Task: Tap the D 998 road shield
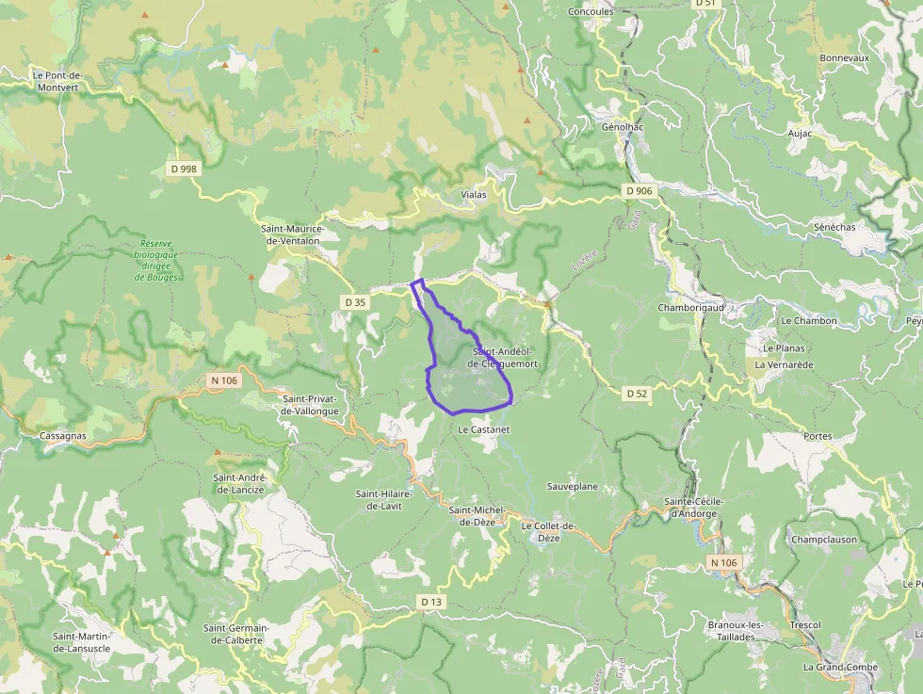[185, 169]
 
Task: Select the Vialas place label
[475, 195]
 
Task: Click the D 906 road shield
[639, 191]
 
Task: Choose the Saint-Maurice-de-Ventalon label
[292, 234]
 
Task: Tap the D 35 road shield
[354, 302]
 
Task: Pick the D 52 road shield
[637, 394]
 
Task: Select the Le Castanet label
[483, 428]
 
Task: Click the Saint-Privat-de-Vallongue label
[310, 405]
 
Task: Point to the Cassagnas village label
[63, 436]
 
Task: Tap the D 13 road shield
[430, 602]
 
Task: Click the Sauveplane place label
[573, 486]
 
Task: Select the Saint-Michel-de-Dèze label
[478, 516]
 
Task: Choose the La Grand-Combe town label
[840, 667]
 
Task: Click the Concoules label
[591, 12]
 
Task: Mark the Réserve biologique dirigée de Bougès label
[155, 260]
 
